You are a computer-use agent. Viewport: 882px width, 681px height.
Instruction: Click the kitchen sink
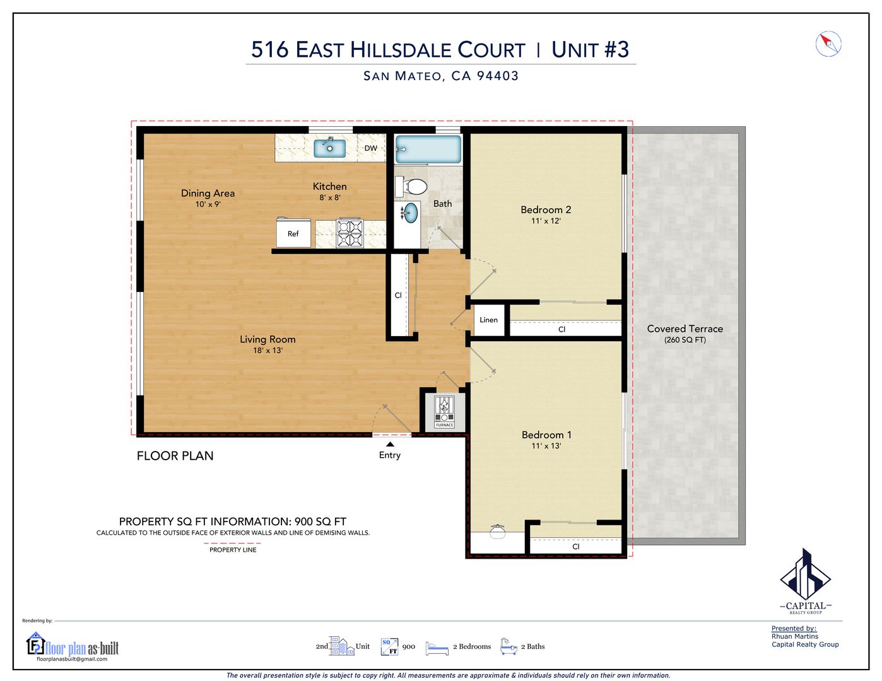pos(329,148)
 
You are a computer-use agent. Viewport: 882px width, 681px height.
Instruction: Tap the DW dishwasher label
pos(370,148)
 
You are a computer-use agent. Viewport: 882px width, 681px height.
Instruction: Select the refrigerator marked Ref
pos(293,233)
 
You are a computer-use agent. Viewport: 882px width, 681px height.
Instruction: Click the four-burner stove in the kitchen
pos(350,233)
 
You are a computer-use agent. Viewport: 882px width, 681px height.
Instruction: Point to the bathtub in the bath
pos(428,149)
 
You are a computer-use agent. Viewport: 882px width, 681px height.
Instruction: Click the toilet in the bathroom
pos(411,187)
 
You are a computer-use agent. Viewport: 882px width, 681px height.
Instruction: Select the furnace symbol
pos(444,412)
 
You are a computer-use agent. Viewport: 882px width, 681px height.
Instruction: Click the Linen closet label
pos(488,320)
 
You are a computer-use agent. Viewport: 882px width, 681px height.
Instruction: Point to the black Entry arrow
pos(390,444)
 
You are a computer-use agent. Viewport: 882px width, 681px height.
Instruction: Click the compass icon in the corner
pos(828,44)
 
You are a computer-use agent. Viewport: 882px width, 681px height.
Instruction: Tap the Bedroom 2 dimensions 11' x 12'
pos(546,221)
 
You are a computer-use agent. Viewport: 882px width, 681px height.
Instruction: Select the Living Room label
pos(268,339)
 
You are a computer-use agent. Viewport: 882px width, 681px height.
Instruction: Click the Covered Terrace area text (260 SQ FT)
pos(685,340)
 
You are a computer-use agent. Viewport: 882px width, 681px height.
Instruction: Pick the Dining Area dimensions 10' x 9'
pos(208,204)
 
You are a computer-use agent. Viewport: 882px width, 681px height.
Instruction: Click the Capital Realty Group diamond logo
pos(805,574)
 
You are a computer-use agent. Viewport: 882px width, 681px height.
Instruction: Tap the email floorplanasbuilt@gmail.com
pos(72,659)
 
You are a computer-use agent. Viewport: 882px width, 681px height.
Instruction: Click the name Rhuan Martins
pos(795,636)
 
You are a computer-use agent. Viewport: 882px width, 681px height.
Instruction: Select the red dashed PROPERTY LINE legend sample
pos(232,543)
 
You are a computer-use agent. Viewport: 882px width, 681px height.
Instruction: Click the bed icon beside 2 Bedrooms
pos(437,648)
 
